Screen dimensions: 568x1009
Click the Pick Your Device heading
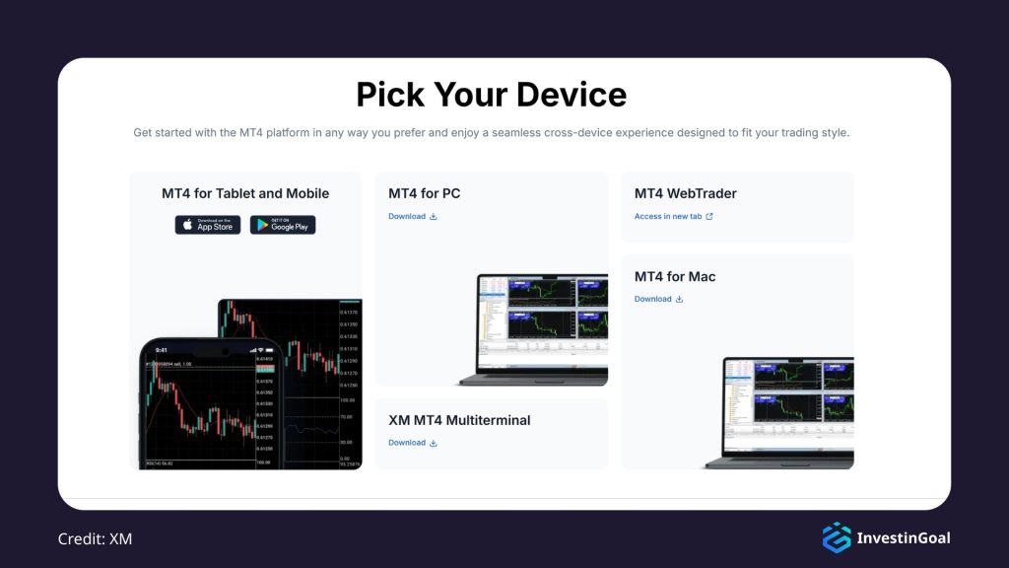tap(491, 95)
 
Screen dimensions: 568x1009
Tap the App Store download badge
tap(208, 225)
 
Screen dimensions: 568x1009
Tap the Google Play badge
tap(283, 225)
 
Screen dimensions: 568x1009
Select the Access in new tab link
tap(668, 217)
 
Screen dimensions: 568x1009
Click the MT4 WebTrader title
tap(685, 193)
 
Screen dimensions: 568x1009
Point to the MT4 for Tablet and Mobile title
tap(245, 193)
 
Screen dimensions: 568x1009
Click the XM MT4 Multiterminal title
tap(459, 420)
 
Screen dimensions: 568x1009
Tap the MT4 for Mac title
tap(675, 276)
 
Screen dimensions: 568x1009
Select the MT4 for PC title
tap(424, 193)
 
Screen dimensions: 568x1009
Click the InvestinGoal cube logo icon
tap(837, 537)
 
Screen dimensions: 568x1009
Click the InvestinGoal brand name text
tap(904, 538)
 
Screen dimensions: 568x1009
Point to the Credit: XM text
tap(95, 538)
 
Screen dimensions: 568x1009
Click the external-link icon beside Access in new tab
tap(709, 217)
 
